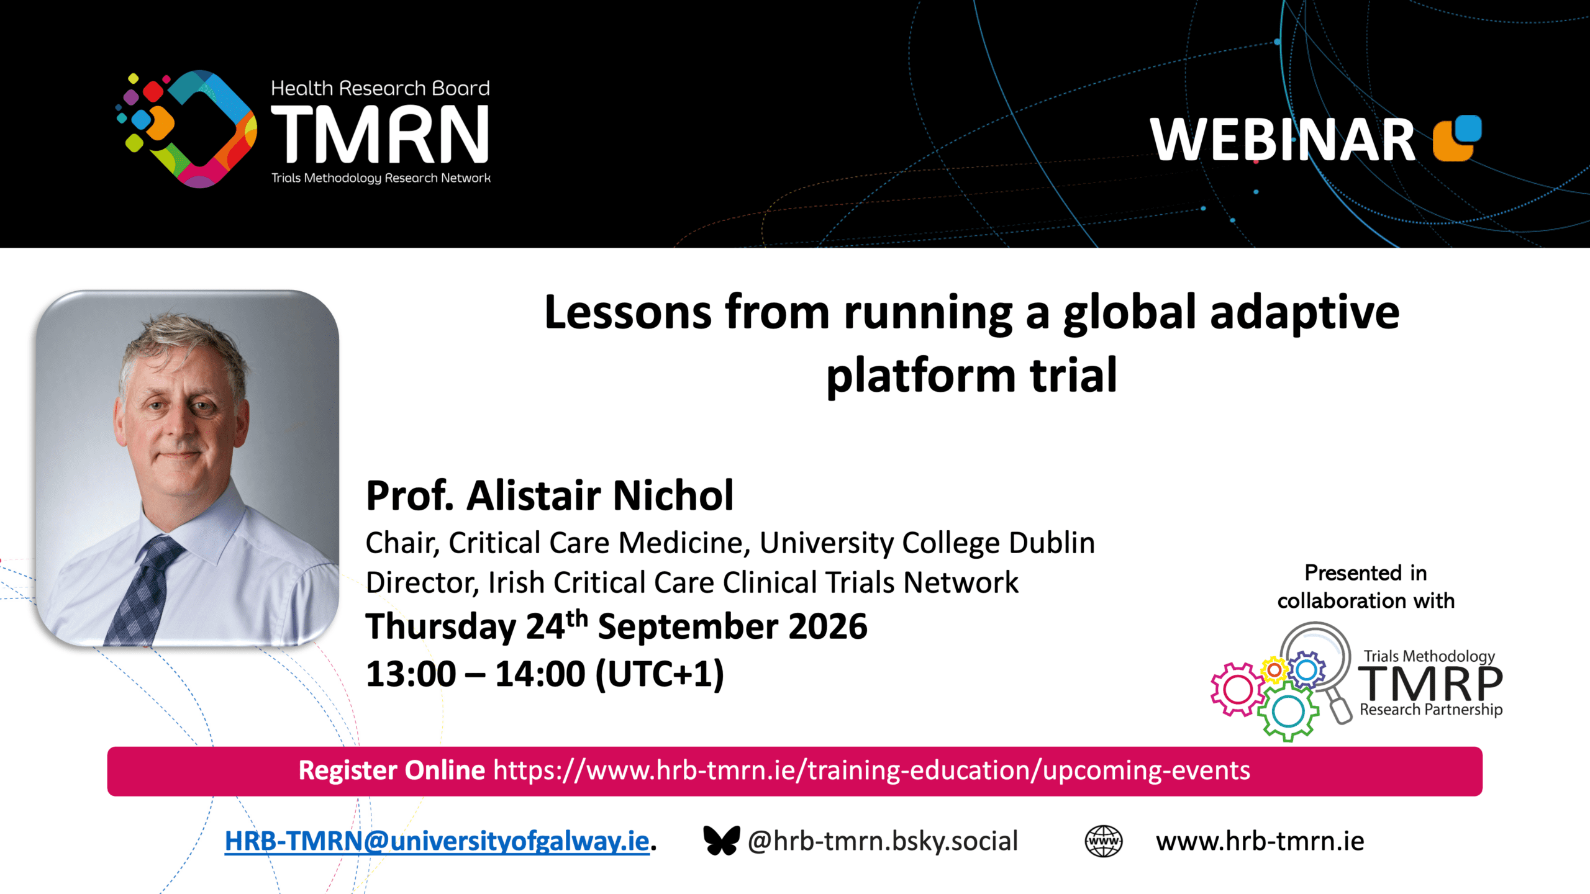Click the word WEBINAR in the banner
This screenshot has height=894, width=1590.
pos(1282,140)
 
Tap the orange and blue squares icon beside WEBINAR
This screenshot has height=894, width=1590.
pos(1457,138)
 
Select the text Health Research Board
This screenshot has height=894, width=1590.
pos(380,88)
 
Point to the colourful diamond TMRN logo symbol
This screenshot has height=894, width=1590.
pos(186,129)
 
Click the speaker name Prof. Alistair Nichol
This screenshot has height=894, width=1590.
pos(550,495)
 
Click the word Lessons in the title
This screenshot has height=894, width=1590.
pos(628,312)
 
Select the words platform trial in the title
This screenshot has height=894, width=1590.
pos(971,376)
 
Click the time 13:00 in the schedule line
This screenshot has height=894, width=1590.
pos(411,674)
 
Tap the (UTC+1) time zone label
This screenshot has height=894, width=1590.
pos(660,674)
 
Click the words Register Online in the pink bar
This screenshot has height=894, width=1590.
pos(392,770)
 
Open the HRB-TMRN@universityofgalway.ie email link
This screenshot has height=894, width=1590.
pos(437,841)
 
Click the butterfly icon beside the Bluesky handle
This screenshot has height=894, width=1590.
pos(721,841)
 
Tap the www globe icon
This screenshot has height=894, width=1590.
pos(1103,841)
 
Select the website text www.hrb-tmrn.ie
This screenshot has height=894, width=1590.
pos(1260,841)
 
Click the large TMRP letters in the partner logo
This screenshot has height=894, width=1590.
pos(1430,684)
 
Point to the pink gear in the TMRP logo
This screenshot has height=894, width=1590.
pos(1238,689)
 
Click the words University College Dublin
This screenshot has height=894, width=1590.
pos(927,543)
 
